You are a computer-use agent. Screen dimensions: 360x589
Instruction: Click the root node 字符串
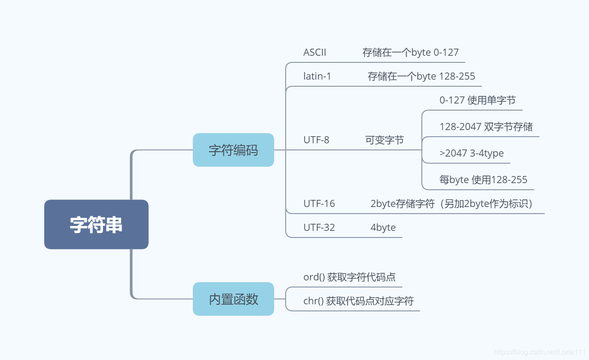96,224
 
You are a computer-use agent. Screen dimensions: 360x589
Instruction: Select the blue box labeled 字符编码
233,150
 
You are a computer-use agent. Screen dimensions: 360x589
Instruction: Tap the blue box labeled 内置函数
233,299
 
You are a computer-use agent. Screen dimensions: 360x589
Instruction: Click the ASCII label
314,52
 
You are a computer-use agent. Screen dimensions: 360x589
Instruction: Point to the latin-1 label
317,76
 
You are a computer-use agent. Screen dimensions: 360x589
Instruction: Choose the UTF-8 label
316,140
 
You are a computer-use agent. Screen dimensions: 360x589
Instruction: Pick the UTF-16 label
319,204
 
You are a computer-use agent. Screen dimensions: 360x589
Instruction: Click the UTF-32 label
319,228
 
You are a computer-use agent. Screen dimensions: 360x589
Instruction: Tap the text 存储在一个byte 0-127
410,52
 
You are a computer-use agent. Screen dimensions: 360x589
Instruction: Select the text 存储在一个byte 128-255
421,76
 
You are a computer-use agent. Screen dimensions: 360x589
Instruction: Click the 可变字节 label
384,140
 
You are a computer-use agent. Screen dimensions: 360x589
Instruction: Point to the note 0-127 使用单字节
477,100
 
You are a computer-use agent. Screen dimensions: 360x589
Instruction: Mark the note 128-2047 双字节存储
486,127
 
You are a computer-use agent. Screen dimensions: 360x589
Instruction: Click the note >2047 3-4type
471,153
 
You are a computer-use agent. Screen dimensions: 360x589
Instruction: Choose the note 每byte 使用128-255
483,180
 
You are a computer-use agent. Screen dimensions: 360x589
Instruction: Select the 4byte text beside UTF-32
383,228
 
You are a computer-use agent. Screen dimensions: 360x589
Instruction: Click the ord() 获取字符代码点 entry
349,277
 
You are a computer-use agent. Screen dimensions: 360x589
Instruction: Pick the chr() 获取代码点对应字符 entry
358,301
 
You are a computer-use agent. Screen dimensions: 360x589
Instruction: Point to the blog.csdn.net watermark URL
539,352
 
